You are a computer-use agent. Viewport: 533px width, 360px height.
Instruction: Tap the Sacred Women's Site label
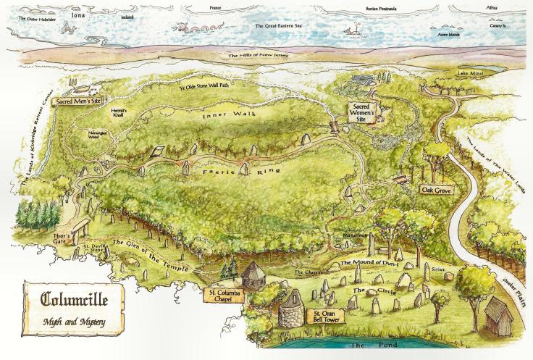click(x=361, y=112)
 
